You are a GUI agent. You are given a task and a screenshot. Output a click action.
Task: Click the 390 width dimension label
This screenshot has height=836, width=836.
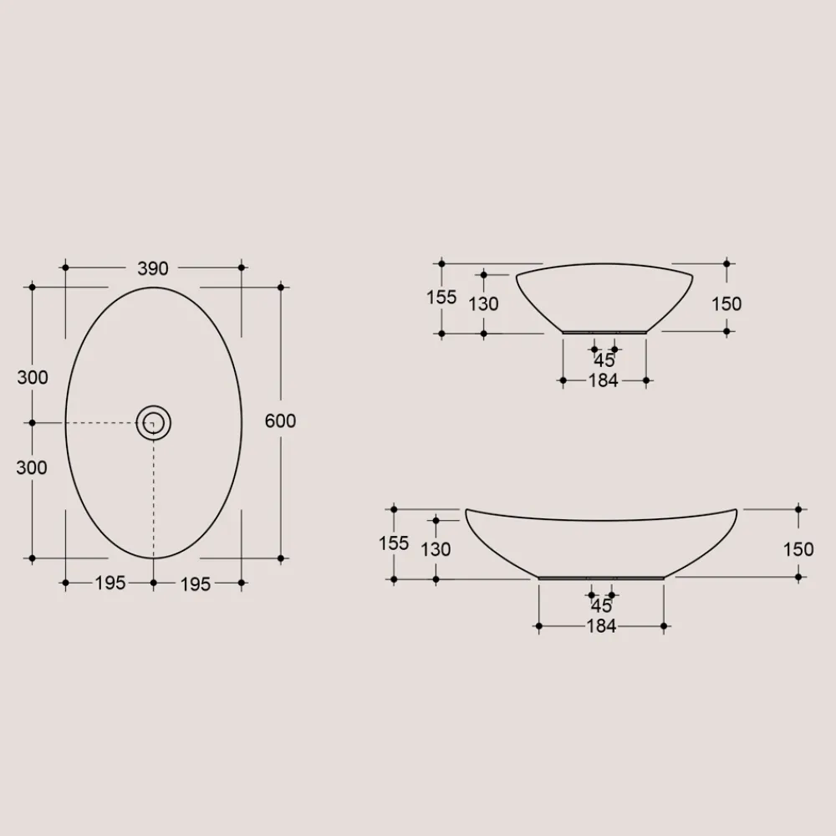[x=153, y=268]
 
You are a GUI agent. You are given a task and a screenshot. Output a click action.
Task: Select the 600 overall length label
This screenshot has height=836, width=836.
[x=280, y=421]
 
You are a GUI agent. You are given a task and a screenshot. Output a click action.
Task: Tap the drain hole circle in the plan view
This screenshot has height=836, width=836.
[x=154, y=423]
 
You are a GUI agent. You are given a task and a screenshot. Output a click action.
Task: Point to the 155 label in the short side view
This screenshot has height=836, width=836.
[x=441, y=297]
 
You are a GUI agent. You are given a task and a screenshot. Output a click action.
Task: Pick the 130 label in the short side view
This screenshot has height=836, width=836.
[x=483, y=303]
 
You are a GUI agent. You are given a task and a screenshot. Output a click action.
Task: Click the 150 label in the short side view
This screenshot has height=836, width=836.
[x=726, y=303]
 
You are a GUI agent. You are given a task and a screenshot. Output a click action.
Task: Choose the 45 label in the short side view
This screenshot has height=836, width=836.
[x=604, y=360]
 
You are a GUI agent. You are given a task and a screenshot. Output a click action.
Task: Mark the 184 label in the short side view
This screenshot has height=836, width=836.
[x=603, y=381]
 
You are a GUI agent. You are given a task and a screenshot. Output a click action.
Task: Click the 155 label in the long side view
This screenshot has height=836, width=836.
[x=394, y=543]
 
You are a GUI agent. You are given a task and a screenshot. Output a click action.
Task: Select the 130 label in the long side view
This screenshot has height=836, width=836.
[x=436, y=549]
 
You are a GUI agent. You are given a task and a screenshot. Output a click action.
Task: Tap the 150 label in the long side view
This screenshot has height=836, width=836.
[x=798, y=549]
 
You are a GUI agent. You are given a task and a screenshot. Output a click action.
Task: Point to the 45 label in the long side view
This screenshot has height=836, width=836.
[x=601, y=606]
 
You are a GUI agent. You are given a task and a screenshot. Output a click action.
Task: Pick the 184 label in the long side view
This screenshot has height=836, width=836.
[x=601, y=626]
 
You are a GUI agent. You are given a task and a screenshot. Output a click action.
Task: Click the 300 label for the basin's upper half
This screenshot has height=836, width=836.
[x=33, y=377]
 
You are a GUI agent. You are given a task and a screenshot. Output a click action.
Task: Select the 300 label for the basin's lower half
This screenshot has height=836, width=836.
[x=32, y=467]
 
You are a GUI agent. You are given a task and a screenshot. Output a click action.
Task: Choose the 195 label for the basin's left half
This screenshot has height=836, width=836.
[x=110, y=583]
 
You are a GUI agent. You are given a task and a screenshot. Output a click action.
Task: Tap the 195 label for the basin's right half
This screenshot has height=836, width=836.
[x=196, y=584]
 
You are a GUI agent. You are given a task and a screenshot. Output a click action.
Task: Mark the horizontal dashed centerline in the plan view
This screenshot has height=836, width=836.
[x=100, y=423]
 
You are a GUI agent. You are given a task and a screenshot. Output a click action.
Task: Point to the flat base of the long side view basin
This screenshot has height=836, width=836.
[x=602, y=578]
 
